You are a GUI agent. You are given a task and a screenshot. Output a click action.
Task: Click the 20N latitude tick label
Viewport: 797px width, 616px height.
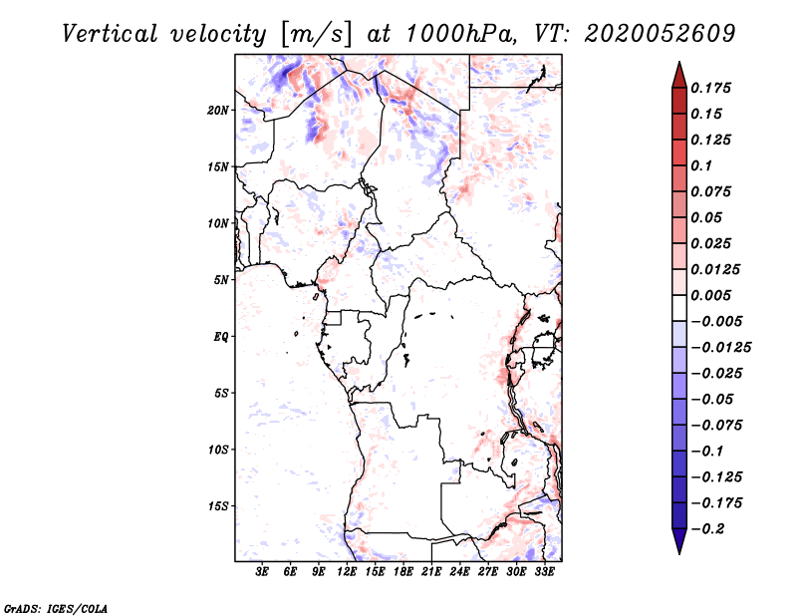218,111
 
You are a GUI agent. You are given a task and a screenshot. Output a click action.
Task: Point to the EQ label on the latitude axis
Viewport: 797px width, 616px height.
221,337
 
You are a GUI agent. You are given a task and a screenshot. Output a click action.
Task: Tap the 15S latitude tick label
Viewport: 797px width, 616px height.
218,506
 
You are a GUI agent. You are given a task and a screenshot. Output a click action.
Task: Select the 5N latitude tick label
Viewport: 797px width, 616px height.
221,280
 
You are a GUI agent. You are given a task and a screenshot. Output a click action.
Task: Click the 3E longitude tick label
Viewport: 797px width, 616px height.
262,572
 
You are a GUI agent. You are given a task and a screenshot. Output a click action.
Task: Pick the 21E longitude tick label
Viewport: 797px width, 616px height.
431,572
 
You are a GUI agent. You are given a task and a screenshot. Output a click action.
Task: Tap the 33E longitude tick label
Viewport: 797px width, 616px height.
544,572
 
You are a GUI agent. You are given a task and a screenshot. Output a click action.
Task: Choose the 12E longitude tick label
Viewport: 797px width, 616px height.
347,572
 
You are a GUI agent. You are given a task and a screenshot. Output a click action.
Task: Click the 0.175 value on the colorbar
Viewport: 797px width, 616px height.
710,88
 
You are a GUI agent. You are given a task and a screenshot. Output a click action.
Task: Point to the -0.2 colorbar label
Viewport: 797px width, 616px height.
707,529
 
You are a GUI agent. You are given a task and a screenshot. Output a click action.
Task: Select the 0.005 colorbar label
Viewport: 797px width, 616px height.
710,295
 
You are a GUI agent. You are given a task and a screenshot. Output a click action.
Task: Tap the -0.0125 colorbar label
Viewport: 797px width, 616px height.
720,348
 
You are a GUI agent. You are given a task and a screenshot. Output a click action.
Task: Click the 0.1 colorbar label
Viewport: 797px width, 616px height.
701,165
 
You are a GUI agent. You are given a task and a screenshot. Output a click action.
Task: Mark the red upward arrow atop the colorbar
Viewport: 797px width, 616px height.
679,75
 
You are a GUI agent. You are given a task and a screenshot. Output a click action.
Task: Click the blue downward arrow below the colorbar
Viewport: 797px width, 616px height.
679,541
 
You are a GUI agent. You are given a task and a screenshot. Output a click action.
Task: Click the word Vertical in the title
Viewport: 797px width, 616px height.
110,34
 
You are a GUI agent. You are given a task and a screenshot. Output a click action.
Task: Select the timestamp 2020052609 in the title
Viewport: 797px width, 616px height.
660,34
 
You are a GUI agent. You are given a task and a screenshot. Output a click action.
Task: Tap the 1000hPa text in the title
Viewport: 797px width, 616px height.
461,34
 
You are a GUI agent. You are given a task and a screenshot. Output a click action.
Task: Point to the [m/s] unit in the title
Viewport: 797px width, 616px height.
316,34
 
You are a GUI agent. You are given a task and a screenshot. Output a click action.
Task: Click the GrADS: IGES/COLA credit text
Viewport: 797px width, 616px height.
56,609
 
